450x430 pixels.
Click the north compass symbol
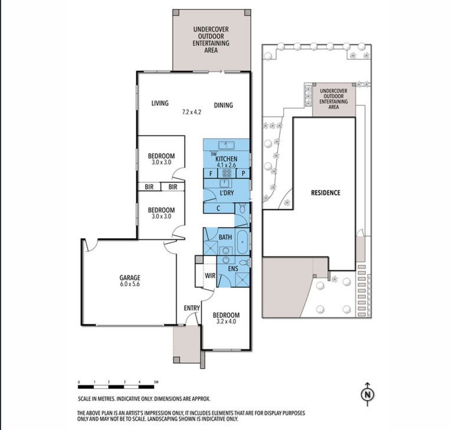(x=368, y=394)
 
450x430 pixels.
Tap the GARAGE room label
(x=130, y=278)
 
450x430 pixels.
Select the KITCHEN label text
(x=226, y=159)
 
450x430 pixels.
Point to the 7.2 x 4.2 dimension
(x=191, y=112)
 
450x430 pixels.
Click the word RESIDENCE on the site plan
(x=325, y=193)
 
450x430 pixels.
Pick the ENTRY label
(x=192, y=308)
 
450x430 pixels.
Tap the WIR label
(x=210, y=276)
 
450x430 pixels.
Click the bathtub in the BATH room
(x=242, y=242)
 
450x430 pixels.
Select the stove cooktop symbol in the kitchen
(x=227, y=173)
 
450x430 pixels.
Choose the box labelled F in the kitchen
(x=211, y=173)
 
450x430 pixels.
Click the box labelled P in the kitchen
(x=243, y=173)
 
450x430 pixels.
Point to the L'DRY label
(x=227, y=193)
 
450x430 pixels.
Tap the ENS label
(x=233, y=269)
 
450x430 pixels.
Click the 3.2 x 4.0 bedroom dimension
(x=226, y=322)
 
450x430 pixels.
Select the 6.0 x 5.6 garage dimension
(x=130, y=284)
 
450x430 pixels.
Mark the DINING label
(x=223, y=105)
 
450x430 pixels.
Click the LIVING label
(x=160, y=103)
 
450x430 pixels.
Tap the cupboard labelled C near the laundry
(x=218, y=208)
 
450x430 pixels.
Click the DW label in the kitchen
(x=214, y=154)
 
